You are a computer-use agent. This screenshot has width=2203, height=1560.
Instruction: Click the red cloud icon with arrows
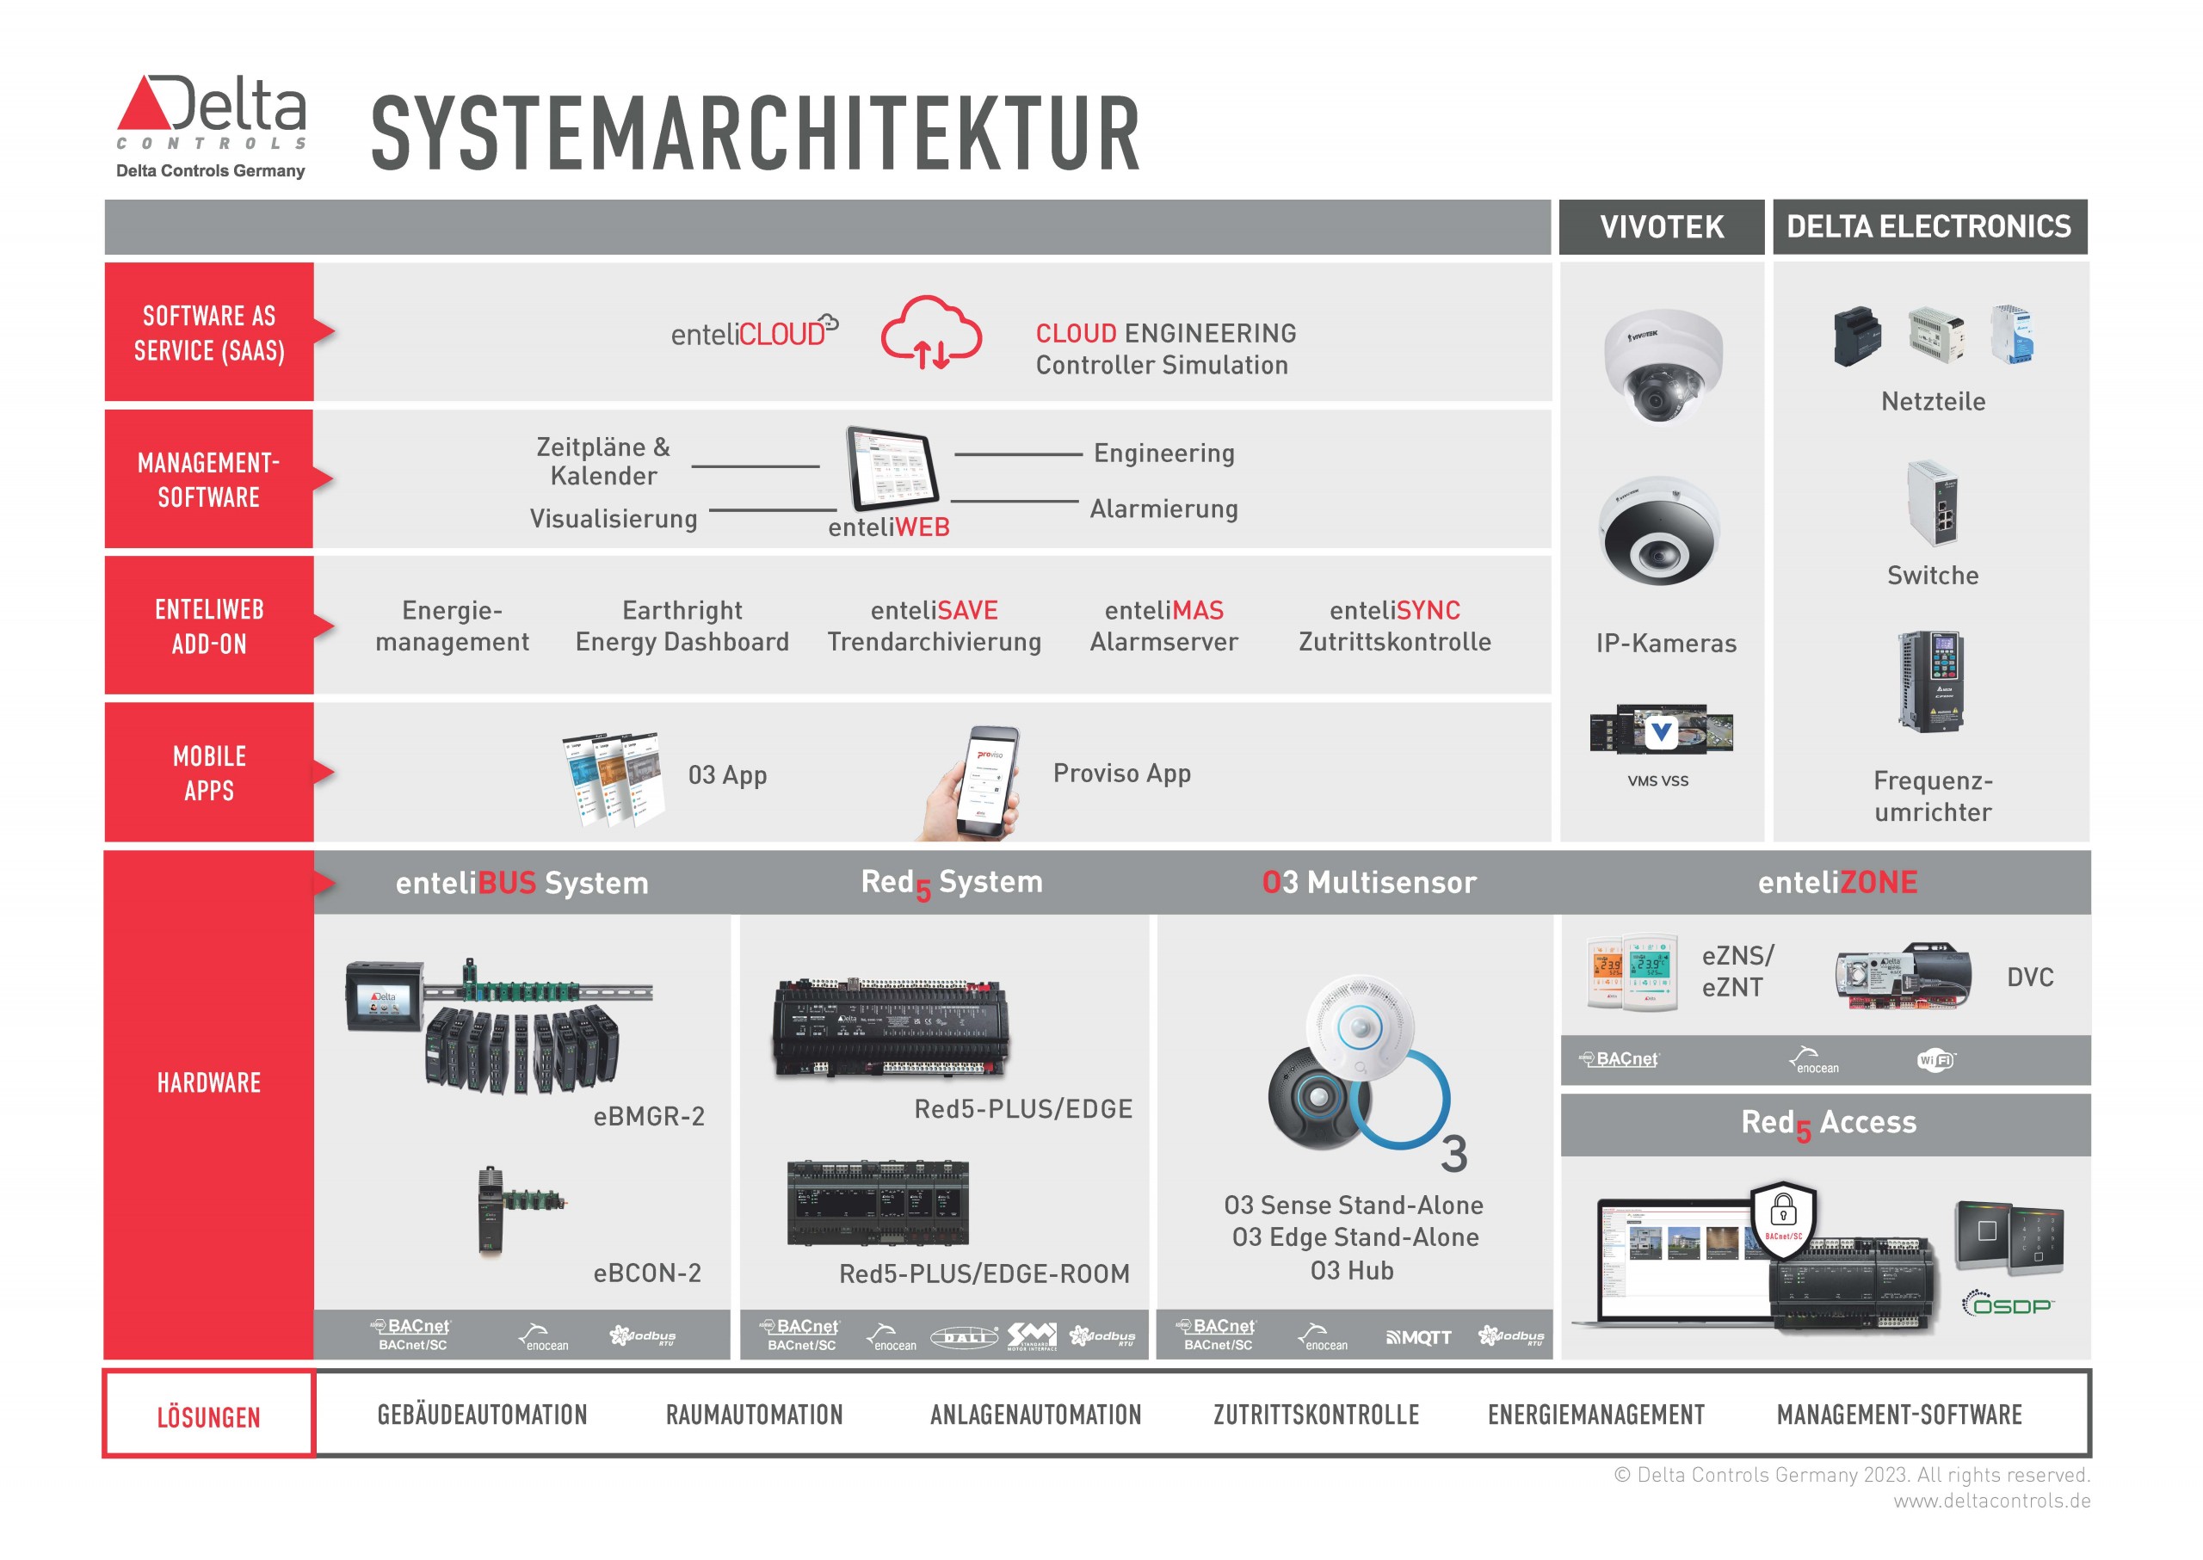point(930,333)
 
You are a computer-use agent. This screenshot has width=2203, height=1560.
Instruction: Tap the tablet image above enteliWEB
point(891,469)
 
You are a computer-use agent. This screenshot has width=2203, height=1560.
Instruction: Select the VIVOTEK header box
point(1660,226)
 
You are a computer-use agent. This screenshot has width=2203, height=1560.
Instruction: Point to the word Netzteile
point(1932,402)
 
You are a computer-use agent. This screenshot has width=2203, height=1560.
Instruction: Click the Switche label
point(1932,576)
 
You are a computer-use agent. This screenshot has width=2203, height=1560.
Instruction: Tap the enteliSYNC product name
point(1394,610)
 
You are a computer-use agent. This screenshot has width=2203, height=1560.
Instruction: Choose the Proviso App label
point(1121,774)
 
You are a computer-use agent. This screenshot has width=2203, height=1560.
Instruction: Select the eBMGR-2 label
point(649,1116)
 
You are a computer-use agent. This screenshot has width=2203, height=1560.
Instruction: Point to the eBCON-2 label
point(646,1273)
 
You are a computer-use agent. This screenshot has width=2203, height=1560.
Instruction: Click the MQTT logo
point(1418,1337)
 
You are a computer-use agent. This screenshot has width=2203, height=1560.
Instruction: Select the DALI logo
point(964,1337)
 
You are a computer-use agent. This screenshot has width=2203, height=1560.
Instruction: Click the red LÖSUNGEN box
point(208,1416)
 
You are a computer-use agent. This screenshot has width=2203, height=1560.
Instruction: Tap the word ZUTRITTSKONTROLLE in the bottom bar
point(1315,1415)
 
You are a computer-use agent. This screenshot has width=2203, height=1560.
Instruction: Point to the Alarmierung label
point(1163,509)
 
